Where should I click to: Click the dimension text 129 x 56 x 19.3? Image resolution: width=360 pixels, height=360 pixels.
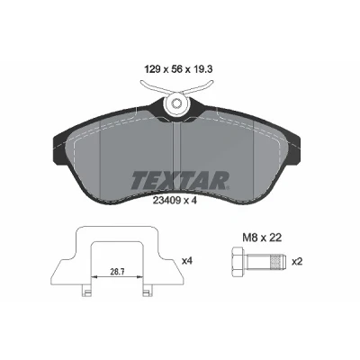point(179,69)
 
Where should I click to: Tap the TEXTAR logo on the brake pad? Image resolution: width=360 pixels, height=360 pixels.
point(180,180)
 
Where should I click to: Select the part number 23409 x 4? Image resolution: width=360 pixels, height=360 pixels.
point(175,201)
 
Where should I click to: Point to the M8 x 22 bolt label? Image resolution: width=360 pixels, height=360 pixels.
point(262,238)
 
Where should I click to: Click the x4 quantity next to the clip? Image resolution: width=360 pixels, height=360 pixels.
point(187,261)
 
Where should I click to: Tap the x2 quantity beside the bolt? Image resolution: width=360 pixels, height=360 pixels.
point(297,262)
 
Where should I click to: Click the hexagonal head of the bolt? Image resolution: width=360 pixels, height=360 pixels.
point(238,262)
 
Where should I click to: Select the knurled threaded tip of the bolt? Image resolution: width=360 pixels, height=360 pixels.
point(277,262)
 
